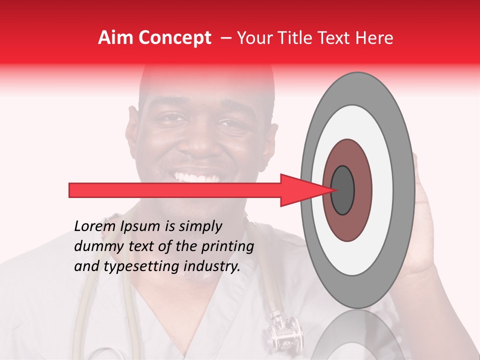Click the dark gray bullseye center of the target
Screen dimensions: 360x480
(x=342, y=190)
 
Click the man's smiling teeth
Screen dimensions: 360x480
(x=197, y=177)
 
